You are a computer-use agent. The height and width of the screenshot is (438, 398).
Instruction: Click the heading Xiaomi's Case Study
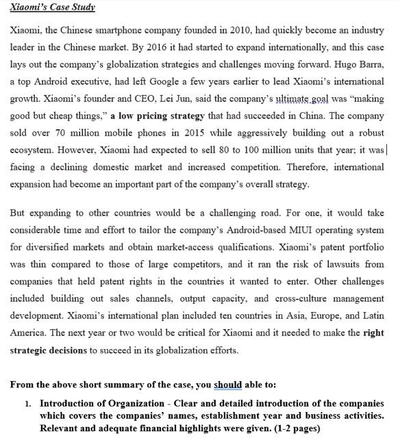[53, 8]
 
